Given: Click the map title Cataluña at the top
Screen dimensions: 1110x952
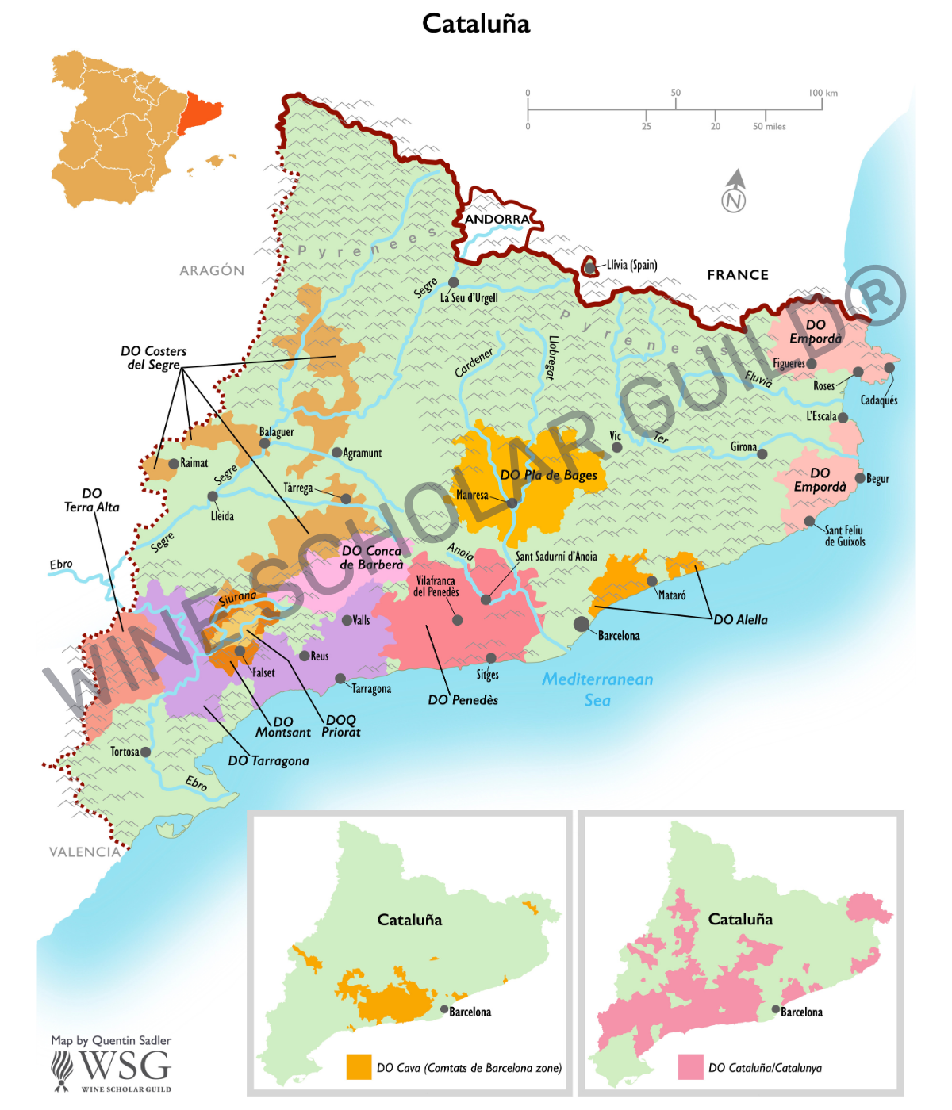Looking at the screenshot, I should point(476,24).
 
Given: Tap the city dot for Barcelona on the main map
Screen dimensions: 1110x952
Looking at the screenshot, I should point(582,624).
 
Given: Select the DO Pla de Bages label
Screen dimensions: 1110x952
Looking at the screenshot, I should point(548,475).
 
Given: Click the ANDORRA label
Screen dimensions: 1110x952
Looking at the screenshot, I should point(497,220).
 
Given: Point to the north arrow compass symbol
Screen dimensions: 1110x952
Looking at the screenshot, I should point(735,192).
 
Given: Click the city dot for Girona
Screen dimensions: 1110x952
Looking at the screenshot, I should point(762,454).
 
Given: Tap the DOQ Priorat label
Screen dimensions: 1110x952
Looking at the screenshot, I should point(341,725).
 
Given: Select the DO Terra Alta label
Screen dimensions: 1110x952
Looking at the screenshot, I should point(91,500).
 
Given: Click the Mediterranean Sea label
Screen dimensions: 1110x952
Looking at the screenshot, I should point(597,689).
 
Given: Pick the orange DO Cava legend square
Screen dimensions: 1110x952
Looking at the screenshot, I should point(359,1067).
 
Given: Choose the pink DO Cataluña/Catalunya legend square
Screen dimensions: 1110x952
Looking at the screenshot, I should point(691,1067).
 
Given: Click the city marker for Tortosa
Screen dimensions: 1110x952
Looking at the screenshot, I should point(145,752).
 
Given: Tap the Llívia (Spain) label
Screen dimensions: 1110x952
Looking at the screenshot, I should point(631,265).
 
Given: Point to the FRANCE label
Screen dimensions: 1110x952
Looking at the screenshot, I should point(738,275).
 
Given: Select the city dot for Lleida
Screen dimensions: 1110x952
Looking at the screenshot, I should point(213,496).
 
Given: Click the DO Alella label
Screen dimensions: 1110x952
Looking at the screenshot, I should point(740,620).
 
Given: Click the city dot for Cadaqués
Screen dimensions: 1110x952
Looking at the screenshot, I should point(889,368).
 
